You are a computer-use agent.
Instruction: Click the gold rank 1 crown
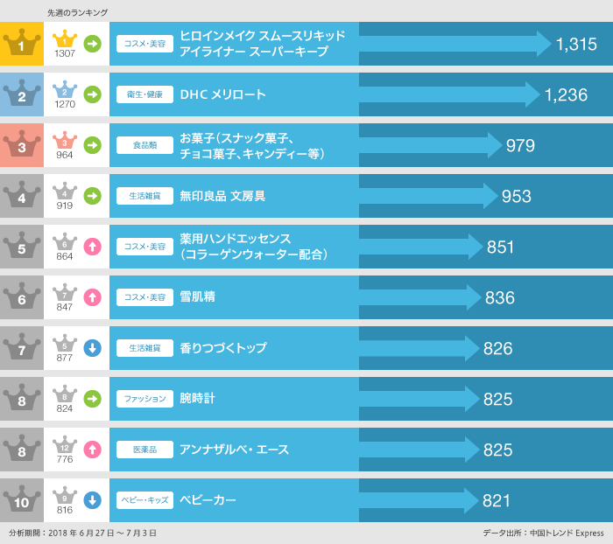point(21,44)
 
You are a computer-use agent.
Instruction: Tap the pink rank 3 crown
point(21,145)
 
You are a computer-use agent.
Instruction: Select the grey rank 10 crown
point(21,500)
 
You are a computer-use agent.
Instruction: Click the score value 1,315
point(575,45)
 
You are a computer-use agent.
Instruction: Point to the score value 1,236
point(566,95)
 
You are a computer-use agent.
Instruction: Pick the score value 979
point(520,146)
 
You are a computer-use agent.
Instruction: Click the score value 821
point(497,501)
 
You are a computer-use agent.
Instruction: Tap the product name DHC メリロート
point(222,94)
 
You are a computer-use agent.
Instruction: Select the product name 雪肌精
point(197,297)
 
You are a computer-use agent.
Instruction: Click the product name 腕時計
point(197,399)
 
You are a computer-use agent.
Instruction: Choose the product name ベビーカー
point(208,500)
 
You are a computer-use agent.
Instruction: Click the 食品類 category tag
point(144,146)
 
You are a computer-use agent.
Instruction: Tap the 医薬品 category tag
point(144,450)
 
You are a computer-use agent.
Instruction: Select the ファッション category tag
point(144,399)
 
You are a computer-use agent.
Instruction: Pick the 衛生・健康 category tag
point(144,95)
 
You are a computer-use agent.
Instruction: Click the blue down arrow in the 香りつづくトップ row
point(92,348)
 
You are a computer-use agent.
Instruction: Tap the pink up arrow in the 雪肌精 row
point(92,297)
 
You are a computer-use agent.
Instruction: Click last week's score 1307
point(65,53)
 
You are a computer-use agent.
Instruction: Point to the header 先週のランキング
point(78,13)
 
